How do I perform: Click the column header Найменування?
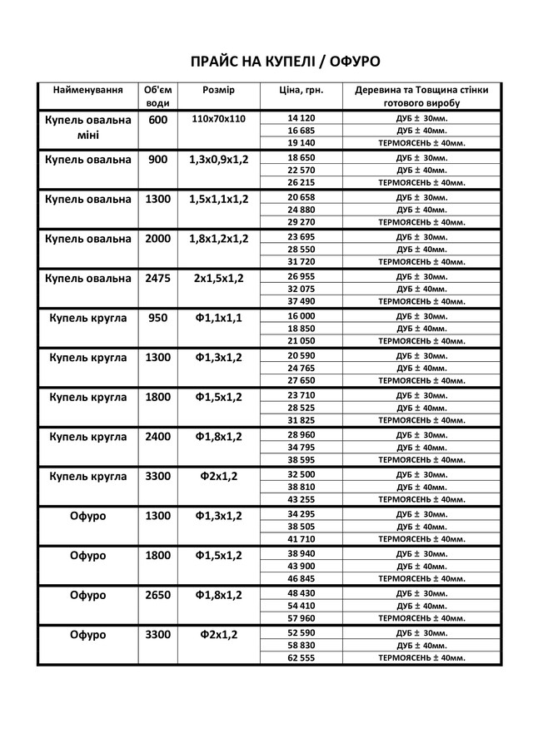[x=87, y=89]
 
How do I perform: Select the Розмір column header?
[x=218, y=89]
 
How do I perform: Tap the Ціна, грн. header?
[x=301, y=89]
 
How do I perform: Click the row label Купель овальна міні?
[x=87, y=126]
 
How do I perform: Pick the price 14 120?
[x=301, y=118]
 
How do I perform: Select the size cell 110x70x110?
[x=218, y=119]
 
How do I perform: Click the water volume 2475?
[x=157, y=278]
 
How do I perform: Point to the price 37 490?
[x=301, y=301]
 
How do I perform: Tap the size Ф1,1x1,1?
[x=218, y=318]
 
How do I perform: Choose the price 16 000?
[x=301, y=316]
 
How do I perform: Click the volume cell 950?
[x=157, y=318]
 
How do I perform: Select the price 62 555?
[x=301, y=657]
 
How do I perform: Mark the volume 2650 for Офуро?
[x=157, y=595]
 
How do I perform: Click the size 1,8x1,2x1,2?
[x=218, y=238]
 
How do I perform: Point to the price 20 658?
[x=301, y=197]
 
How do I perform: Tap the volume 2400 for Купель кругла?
[x=157, y=436]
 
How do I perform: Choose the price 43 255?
[x=301, y=499]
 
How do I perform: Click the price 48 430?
[x=301, y=593]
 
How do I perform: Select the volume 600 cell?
[x=157, y=119]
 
